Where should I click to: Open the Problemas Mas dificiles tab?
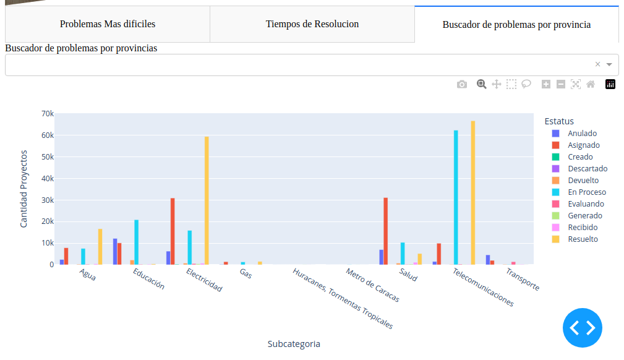[x=108, y=24]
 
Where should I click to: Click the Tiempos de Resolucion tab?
[x=312, y=24]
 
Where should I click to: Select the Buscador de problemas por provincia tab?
[x=516, y=25]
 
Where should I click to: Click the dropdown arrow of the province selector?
[x=609, y=64]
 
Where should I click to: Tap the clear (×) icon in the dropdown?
[x=597, y=64]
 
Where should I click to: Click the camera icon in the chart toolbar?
[x=462, y=85]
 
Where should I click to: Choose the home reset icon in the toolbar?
[x=591, y=85]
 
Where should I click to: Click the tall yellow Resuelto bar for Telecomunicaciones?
[x=473, y=192]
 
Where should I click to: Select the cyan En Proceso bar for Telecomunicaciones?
[x=456, y=197]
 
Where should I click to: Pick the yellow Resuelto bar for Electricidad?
[x=207, y=200]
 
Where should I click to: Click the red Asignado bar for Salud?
[x=385, y=231]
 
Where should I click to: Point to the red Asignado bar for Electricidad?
[x=173, y=231]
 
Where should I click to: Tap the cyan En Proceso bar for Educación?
[x=136, y=242]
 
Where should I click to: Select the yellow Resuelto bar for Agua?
[x=100, y=246]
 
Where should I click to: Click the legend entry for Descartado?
[x=587, y=169]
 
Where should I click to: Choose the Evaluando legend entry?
[x=586, y=204]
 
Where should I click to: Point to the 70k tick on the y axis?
[x=48, y=114]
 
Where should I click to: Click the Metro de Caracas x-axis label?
[x=372, y=285]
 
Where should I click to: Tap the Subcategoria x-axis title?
[x=294, y=344]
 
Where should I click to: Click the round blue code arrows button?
[x=582, y=327]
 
